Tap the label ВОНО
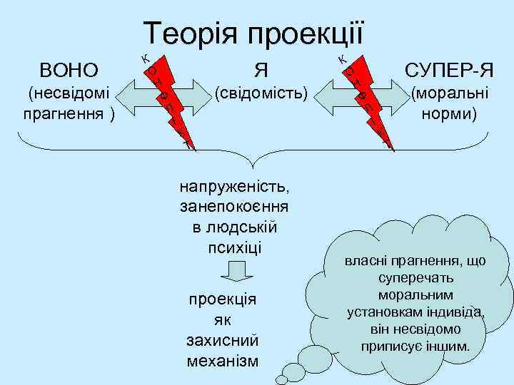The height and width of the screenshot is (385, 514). coord(69,70)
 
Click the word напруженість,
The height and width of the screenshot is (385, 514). coord(236,188)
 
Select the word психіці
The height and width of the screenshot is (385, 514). coord(235,248)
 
